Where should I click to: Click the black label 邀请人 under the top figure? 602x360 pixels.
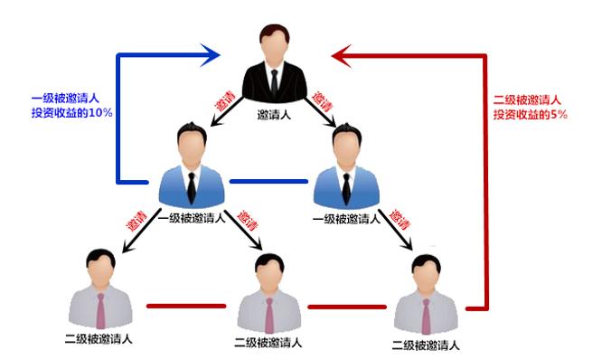274,116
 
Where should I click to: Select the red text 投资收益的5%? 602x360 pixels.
530,116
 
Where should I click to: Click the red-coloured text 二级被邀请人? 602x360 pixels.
527,100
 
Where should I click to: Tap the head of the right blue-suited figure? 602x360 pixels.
345,144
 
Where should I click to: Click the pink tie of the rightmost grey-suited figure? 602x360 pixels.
425,317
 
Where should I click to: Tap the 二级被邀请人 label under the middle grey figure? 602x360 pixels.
268,342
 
